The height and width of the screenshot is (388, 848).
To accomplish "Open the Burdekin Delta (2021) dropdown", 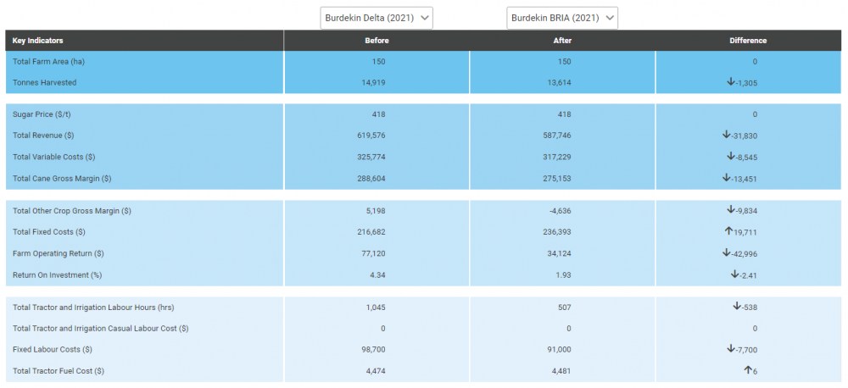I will pyautogui.click(x=377, y=18).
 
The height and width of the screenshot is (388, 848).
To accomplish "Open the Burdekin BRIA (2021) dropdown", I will pyautogui.click(x=562, y=18).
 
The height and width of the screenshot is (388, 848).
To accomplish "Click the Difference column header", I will pyautogui.click(x=747, y=41).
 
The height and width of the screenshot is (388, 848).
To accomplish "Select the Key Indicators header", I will pyautogui.click(x=38, y=41).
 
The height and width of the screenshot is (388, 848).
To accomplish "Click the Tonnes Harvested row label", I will pyautogui.click(x=45, y=82).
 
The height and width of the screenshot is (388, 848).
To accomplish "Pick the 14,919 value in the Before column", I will pyautogui.click(x=374, y=82).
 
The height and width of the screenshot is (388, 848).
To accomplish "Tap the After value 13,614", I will pyautogui.click(x=559, y=82).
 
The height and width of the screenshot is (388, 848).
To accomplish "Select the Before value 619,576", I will pyautogui.click(x=372, y=135).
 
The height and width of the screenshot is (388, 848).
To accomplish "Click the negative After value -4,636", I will pyautogui.click(x=560, y=210).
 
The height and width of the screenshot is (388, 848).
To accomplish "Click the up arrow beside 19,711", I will pyautogui.click(x=728, y=231).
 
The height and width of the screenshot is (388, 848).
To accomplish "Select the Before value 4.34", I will pyautogui.click(x=377, y=274).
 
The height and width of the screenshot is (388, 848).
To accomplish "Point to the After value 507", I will pyautogui.click(x=563, y=307).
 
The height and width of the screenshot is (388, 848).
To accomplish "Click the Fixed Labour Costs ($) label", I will pyautogui.click(x=53, y=349).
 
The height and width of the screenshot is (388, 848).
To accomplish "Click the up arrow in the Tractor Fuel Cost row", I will pyautogui.click(x=749, y=370).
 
